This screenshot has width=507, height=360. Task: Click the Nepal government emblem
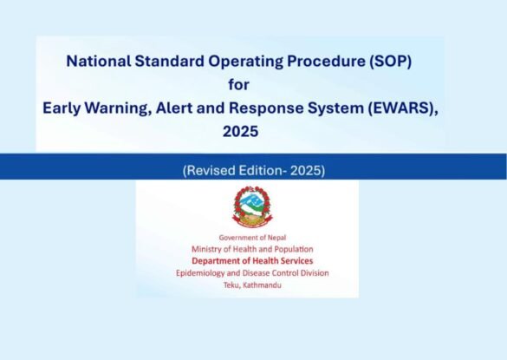pyautogui.click(x=252, y=206)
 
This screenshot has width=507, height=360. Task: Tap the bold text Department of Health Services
pyautogui.click(x=252, y=261)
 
